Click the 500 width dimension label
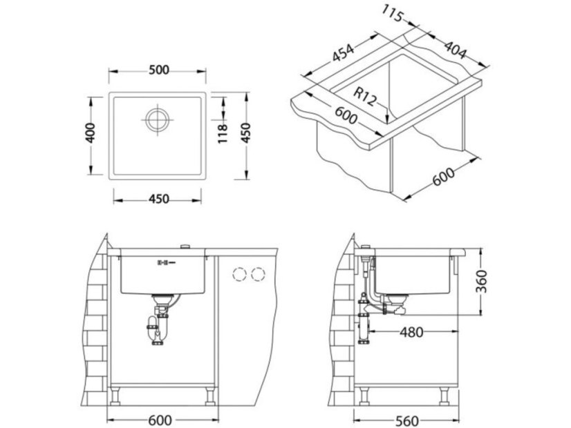pos(159,70)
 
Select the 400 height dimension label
pos(91,133)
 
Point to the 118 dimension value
pos(222,133)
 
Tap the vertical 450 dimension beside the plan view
pos(246,133)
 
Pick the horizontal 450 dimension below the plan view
pos(159,199)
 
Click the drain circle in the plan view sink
pos(158,119)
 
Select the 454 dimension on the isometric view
pos(343,53)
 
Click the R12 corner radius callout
pos(364,97)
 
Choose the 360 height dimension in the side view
pos(481,281)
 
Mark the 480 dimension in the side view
pos(411,332)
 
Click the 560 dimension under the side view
pos(406,421)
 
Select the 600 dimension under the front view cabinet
pos(160,420)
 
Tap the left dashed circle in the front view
pos(239,274)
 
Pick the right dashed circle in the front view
pos(258,274)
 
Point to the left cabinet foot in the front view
pos(115,396)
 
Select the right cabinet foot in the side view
pos(444,396)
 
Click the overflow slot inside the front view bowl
pos(166,262)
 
